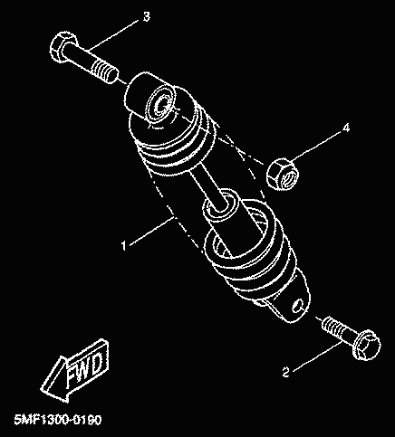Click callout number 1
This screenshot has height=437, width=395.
[x=123, y=245]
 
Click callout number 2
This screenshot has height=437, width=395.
[x=285, y=372]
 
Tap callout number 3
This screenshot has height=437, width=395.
[x=146, y=17]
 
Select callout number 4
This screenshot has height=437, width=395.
[x=346, y=128]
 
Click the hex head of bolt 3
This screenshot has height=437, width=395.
[x=63, y=47]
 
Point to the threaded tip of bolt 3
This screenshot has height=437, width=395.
[x=105, y=71]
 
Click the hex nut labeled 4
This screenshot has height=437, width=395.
[x=283, y=175]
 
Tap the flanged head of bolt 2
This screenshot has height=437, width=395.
[x=366, y=345]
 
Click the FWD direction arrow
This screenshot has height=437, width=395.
[x=75, y=370]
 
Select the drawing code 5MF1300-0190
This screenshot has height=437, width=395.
[x=58, y=420]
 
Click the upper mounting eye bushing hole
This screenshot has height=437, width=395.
[x=161, y=106]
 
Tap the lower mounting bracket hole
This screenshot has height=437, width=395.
[x=298, y=306]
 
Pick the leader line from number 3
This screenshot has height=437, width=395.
[x=115, y=33]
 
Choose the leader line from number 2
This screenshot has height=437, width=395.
[x=317, y=356]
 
